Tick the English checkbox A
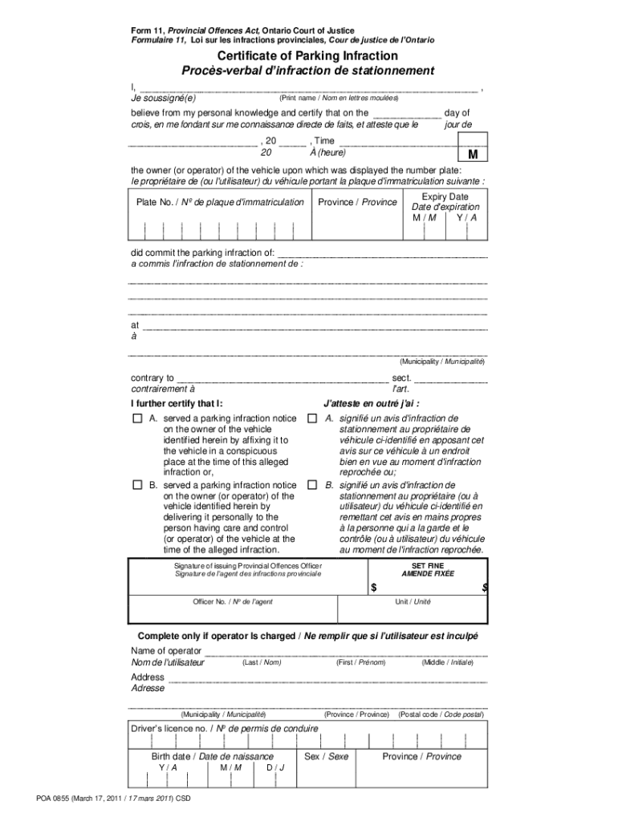click(136, 419)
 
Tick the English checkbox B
click(136, 486)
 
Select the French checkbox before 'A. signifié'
click(312, 419)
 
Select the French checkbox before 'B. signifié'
click(312, 486)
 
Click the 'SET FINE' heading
click(428, 565)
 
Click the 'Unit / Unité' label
click(413, 601)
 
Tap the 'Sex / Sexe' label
click(327, 756)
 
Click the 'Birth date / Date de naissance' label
click(213, 756)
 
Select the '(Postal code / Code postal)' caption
click(441, 714)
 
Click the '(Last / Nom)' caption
click(261, 662)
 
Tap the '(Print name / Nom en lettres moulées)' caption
click(338, 97)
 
